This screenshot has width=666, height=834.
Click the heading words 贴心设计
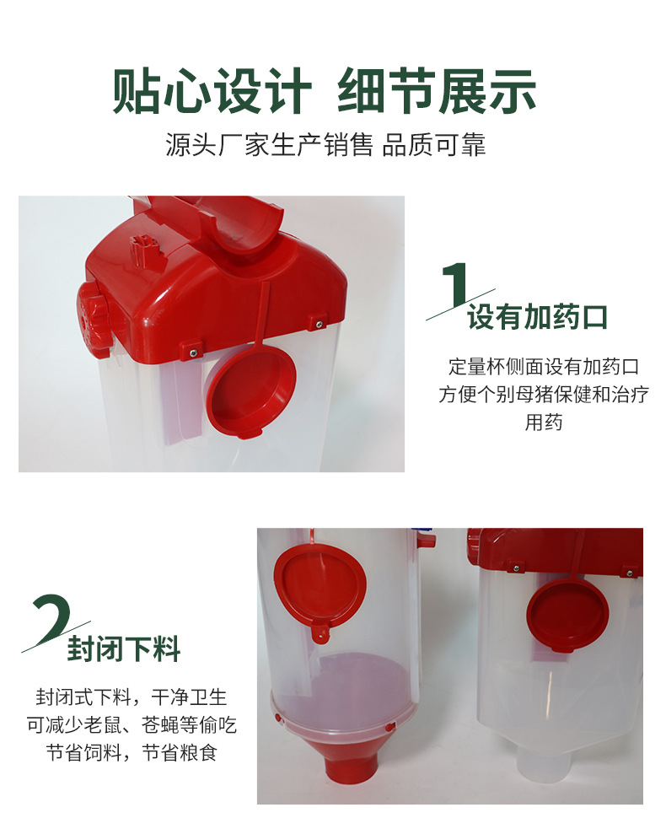[212, 91]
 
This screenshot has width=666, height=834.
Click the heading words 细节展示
[437, 91]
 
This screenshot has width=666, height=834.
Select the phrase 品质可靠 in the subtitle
[433, 145]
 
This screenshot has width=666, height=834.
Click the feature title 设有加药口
[537, 317]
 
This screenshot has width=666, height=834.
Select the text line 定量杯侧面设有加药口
[543, 367]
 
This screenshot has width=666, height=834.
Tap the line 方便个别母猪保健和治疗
[543, 394]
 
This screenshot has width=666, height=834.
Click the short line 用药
[543, 422]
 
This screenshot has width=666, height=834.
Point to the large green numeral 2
[51, 618]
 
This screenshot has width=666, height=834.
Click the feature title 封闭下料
[123, 649]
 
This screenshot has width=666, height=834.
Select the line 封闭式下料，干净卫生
[132, 697]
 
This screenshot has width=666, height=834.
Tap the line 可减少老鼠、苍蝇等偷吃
[132, 724]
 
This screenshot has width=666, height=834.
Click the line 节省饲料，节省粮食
[132, 752]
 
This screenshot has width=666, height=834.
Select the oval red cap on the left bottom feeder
[320, 584]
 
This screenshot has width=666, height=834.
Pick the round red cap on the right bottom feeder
[567, 614]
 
